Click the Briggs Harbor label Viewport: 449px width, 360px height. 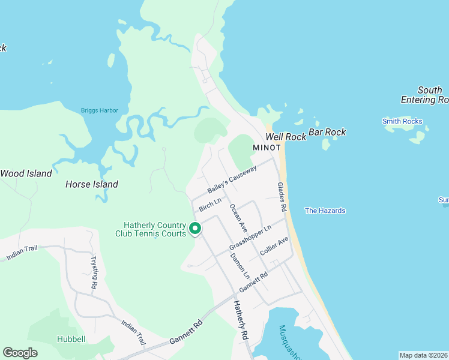pyautogui.click(x=100, y=110)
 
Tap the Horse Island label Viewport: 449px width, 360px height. pyautogui.click(x=91, y=184)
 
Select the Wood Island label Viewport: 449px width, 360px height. pyautogui.click(x=26, y=173)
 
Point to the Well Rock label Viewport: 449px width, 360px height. pyautogui.click(x=286, y=137)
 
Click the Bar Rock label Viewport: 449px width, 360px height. pyautogui.click(x=327, y=132)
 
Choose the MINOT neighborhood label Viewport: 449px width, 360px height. pyautogui.click(x=267, y=148)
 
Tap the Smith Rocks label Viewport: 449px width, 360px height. pyautogui.click(x=402, y=121)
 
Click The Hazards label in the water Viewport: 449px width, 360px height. pyautogui.click(x=325, y=211)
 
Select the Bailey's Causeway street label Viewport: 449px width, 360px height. pyautogui.click(x=232, y=179)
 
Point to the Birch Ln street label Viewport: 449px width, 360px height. pyautogui.click(x=210, y=204)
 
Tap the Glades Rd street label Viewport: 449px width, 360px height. pyautogui.click(x=281, y=197)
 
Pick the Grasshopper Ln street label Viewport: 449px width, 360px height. pyautogui.click(x=250, y=238)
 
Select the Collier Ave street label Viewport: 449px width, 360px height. pyautogui.click(x=274, y=246)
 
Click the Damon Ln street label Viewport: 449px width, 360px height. pyautogui.click(x=240, y=265)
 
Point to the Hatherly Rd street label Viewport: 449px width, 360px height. pyautogui.click(x=240, y=321)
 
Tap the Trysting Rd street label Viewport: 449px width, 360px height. pyautogui.click(x=94, y=273)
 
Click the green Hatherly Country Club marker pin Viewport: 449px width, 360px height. pyautogui.click(x=195, y=229)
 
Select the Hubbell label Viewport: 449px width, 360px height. pyautogui.click(x=71, y=339)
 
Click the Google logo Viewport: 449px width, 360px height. pyautogui.click(x=20, y=353)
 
